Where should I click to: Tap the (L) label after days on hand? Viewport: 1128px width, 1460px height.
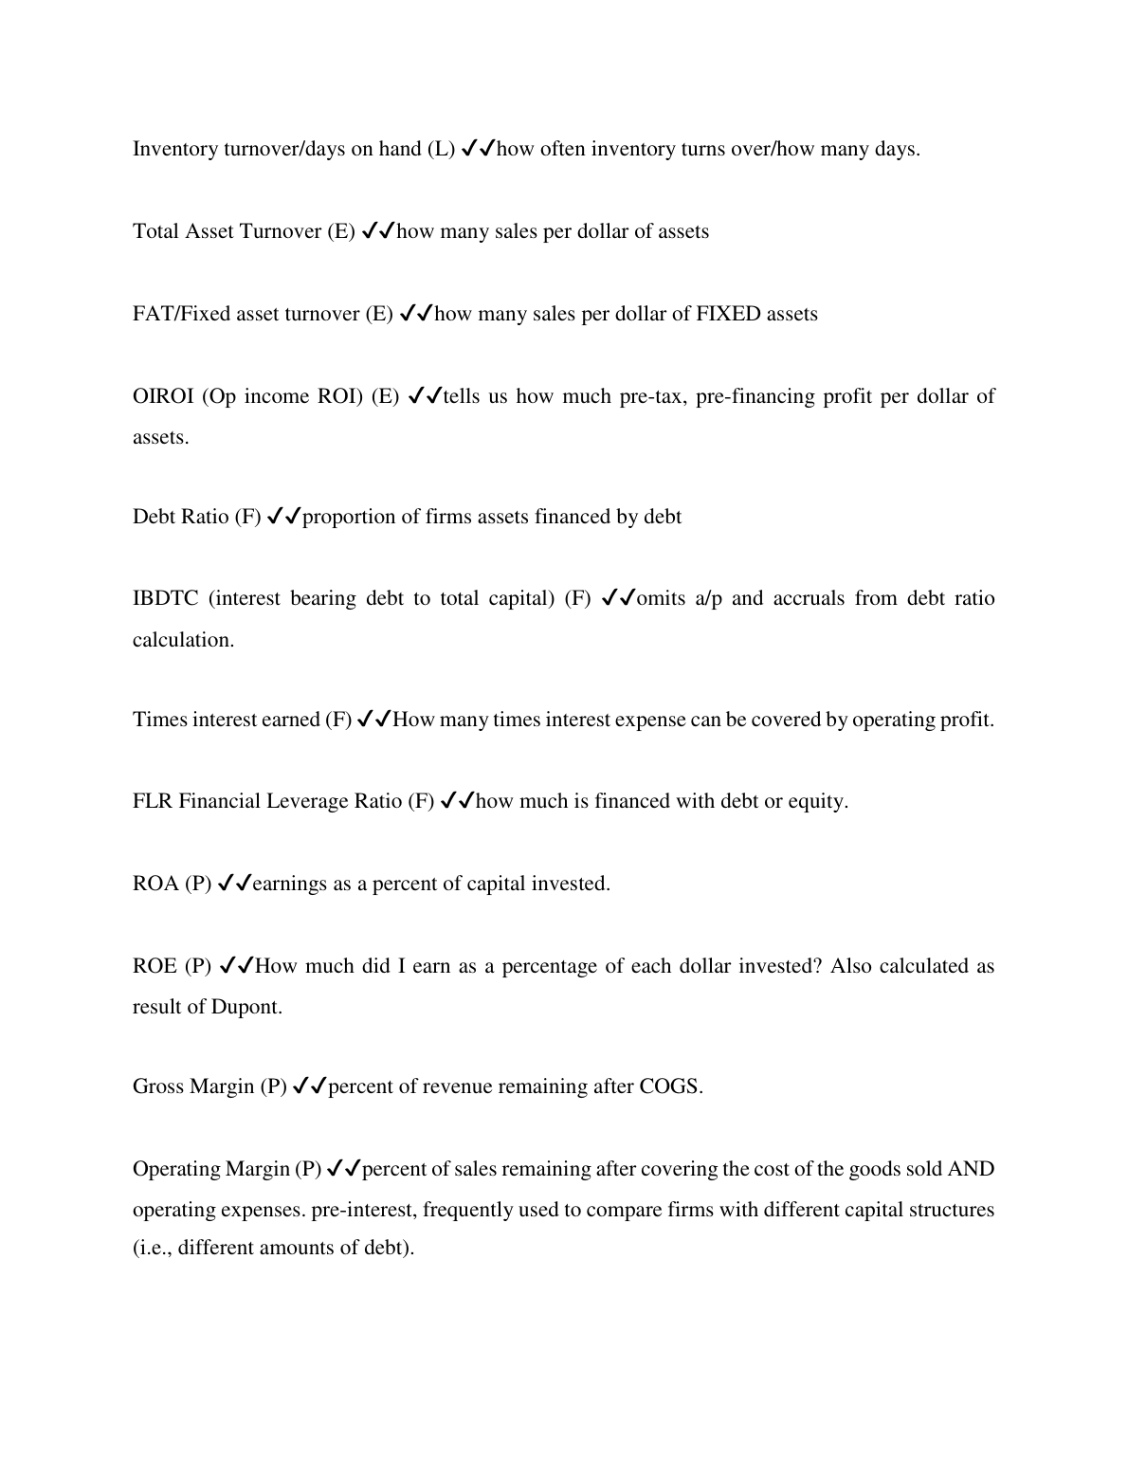pos(441,149)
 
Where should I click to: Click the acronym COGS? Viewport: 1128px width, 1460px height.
pos(668,1086)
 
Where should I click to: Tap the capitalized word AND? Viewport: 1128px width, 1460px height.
pos(971,1169)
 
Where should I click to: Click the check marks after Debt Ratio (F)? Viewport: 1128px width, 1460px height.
pos(283,517)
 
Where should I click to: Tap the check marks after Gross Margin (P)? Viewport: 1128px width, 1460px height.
pos(310,1086)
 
